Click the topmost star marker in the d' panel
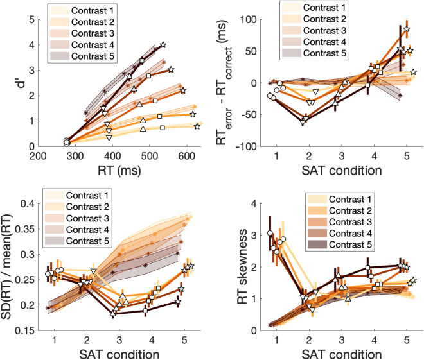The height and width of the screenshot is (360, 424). tap(163, 45)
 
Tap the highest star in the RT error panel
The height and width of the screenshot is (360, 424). tap(407, 30)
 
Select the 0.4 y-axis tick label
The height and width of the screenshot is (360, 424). tap(29, 204)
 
